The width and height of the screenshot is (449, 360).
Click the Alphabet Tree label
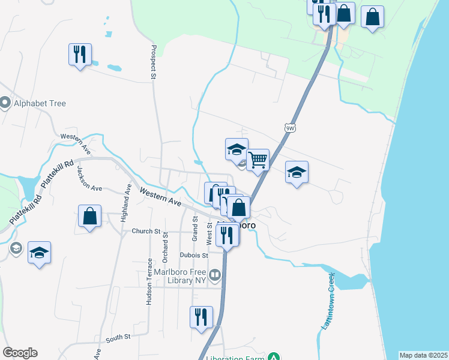[x=40, y=103]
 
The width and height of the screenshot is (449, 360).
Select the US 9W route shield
[x=290, y=128]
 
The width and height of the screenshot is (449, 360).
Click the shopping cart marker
[x=258, y=160]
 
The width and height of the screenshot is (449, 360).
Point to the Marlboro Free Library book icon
[x=215, y=276]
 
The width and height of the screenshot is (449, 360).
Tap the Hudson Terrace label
[x=149, y=282]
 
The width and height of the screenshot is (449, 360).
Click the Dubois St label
[x=193, y=255]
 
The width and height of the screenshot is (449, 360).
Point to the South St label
[x=118, y=338]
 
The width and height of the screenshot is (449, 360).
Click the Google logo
[x=20, y=353]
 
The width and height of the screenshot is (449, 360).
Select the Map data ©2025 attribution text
[x=423, y=355]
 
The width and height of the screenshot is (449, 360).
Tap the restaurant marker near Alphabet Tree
[x=80, y=55]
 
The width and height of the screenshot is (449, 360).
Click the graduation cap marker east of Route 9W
[x=297, y=173]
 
